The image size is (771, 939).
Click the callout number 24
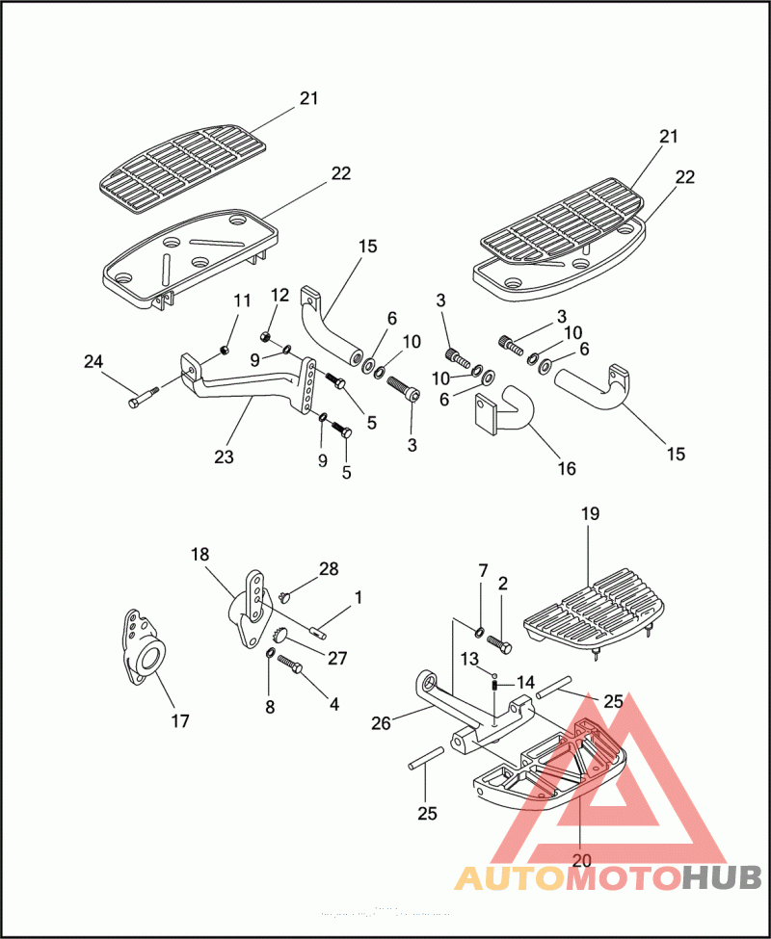pos(93,362)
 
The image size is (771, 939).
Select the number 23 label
pos(224,457)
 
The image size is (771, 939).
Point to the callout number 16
pos(567,469)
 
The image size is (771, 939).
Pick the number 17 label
pos(180,719)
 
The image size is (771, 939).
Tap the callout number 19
pos(590,513)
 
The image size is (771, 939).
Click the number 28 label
pos(329,568)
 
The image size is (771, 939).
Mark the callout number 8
pos(270,707)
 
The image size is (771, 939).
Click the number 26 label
pos(382,722)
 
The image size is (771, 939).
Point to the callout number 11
pos(242,302)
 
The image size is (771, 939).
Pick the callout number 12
pos(279,294)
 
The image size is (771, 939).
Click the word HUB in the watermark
pos(722,877)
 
